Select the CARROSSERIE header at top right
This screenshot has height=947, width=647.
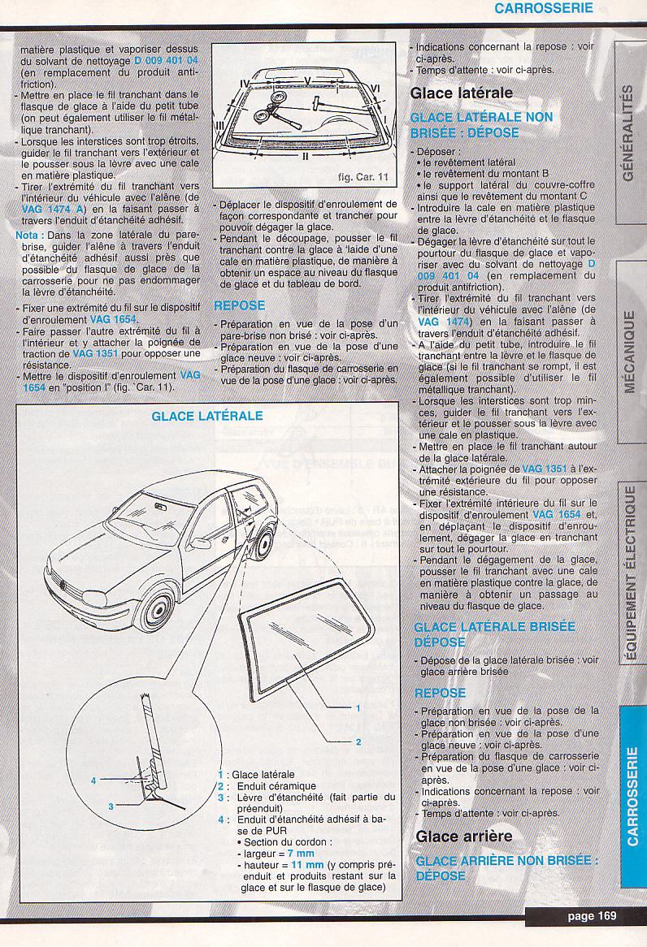pyautogui.click(x=542, y=9)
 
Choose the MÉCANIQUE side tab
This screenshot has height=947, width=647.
pyautogui.click(x=627, y=351)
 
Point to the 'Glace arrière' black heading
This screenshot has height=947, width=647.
pyautogui.click(x=464, y=836)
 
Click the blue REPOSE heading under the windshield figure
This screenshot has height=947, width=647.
pyautogui.click(x=239, y=305)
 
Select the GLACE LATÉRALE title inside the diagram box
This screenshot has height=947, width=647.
pyautogui.click(x=207, y=416)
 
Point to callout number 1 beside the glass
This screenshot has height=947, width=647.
pyautogui.click(x=358, y=708)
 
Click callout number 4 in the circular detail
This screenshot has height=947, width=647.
pyautogui.click(x=93, y=781)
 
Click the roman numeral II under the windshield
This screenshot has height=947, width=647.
pyautogui.click(x=305, y=156)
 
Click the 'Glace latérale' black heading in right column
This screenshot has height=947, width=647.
pyautogui.click(x=462, y=93)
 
